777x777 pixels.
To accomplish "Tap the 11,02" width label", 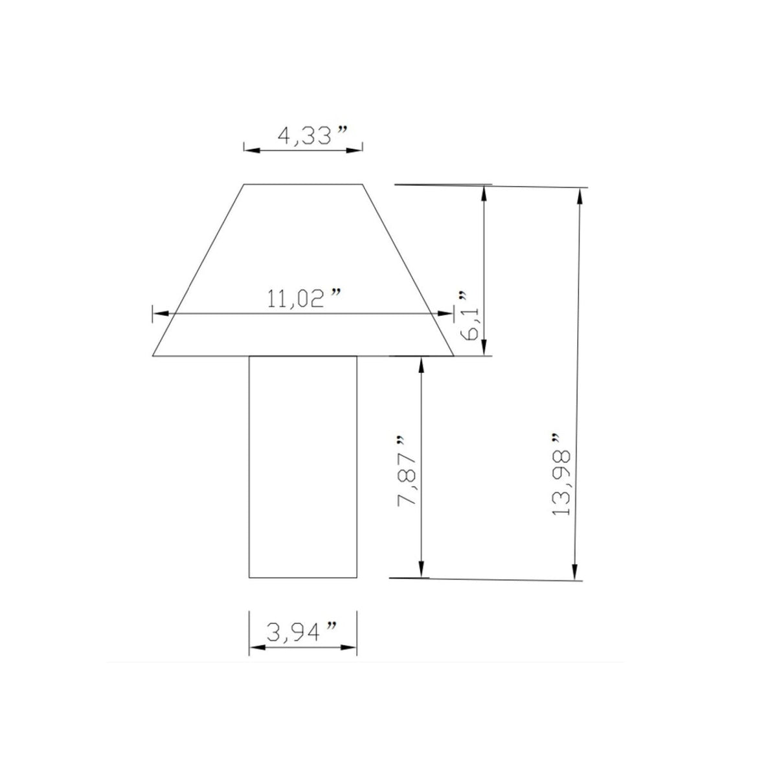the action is [x=304, y=298].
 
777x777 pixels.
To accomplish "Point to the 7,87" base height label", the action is [x=407, y=471].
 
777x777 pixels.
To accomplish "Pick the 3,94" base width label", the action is [x=302, y=631].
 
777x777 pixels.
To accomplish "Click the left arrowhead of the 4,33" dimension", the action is [x=252, y=150].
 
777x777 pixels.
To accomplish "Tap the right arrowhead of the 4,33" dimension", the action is [x=354, y=150].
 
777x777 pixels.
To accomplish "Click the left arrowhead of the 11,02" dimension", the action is [x=161, y=313].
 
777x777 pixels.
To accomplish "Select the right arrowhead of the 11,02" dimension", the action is [x=445, y=313].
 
